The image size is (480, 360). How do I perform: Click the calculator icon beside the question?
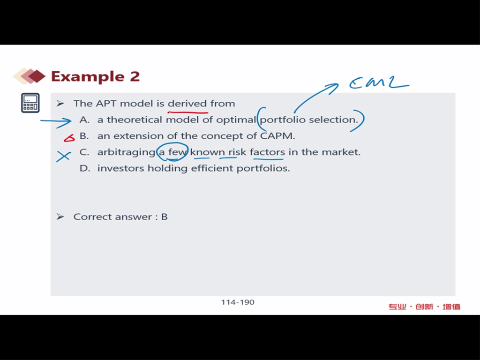30,103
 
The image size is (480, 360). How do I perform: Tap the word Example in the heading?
88,76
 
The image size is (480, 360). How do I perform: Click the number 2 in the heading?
135,76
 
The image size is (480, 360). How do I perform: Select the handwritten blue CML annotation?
379,82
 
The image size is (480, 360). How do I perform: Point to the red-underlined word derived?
187,104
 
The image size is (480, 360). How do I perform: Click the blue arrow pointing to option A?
56,121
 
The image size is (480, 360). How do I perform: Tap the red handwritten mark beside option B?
69,138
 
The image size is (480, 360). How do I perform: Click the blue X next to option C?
63,157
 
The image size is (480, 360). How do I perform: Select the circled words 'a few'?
172,152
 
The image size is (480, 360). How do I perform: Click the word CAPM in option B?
277,136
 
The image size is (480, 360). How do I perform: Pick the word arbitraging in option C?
127,152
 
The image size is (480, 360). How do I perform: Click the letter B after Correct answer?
165,217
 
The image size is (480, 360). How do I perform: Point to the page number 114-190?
238,302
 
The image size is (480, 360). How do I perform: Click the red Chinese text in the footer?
424,307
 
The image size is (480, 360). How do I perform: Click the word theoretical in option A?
135,120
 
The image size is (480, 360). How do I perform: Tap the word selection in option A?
333,120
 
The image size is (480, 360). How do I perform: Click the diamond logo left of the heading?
29,76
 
